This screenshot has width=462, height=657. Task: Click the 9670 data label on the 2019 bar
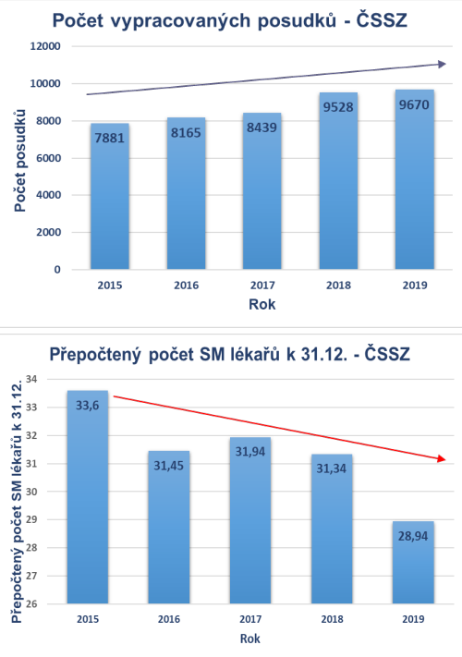(x=414, y=104)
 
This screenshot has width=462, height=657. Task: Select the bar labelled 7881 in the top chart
(x=110, y=196)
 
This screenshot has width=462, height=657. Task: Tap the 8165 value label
(x=186, y=133)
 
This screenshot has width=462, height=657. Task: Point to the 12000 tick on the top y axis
(x=45, y=46)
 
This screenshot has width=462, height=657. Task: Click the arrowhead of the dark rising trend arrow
(x=442, y=64)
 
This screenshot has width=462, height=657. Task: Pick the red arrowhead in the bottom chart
(x=442, y=459)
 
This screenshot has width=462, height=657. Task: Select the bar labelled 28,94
(x=413, y=563)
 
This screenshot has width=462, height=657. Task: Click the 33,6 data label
(x=88, y=405)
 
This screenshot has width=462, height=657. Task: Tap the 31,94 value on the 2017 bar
(x=250, y=451)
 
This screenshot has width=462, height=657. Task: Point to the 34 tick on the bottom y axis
(x=31, y=379)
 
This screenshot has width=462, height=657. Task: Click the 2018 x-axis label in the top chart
(x=338, y=286)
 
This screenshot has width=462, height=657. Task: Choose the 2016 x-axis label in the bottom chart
(x=169, y=619)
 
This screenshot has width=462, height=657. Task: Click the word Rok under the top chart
(x=262, y=304)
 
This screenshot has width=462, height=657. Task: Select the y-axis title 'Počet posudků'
(x=19, y=161)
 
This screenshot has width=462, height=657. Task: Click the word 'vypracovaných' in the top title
(x=181, y=21)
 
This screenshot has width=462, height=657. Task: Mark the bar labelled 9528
(x=338, y=180)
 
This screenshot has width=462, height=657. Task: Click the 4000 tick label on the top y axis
(x=48, y=195)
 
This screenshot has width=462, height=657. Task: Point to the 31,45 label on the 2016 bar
(x=168, y=465)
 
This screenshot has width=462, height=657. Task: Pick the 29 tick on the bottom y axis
(x=31, y=519)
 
